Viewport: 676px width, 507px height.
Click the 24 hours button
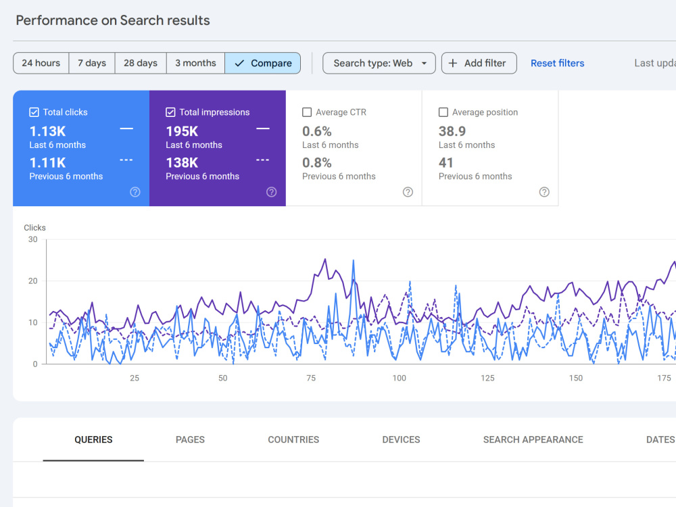[41, 63]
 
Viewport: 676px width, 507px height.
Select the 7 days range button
[92, 63]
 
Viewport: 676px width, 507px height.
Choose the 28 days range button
[141, 63]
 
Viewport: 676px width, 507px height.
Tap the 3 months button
[195, 63]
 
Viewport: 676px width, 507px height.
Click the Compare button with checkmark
[262, 63]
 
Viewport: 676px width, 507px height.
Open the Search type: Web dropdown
[379, 63]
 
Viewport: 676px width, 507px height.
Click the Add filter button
[479, 63]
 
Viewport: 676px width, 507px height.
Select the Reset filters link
[558, 63]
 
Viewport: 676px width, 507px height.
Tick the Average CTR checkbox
[307, 112]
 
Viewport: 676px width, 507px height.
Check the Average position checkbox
[443, 112]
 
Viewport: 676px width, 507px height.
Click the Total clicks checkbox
[34, 112]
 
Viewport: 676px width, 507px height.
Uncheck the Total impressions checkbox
[170, 112]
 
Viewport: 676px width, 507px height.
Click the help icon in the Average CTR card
[408, 192]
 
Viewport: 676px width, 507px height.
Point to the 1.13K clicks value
[47, 131]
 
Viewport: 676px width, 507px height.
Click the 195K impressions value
[182, 131]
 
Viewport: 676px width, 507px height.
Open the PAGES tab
[190, 439]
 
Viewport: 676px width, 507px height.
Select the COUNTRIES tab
[293, 439]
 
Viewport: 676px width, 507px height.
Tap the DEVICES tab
[401, 439]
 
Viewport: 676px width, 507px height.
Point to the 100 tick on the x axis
[400, 378]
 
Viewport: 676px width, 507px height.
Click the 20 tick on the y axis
[32, 281]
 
